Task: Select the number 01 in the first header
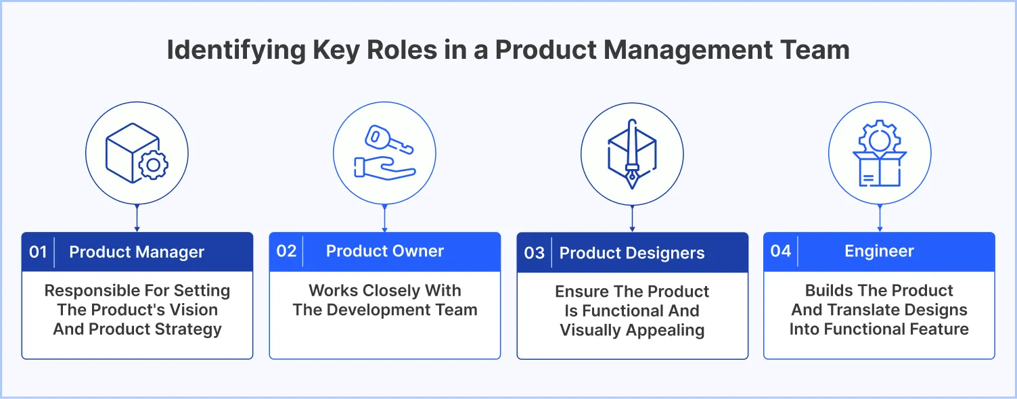[x=38, y=252]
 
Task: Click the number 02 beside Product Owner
[x=286, y=251]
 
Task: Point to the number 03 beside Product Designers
[x=534, y=253]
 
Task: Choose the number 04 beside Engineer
[x=780, y=251]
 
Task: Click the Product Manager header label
[x=137, y=252]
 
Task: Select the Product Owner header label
[x=384, y=251]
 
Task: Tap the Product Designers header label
[x=632, y=253]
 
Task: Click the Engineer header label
[x=879, y=251]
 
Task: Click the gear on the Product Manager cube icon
[x=154, y=164]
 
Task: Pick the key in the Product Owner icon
[x=388, y=141]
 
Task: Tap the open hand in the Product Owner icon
[x=383, y=168]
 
